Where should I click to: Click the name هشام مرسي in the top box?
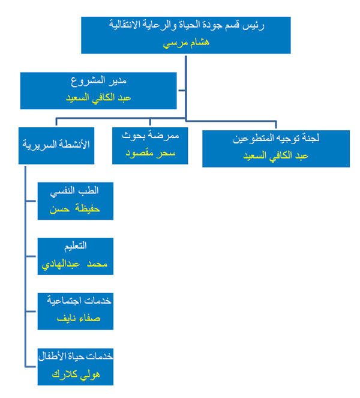click(x=186, y=43)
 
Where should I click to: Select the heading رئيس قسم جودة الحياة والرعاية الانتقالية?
click(x=187, y=25)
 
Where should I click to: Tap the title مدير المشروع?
click(x=98, y=80)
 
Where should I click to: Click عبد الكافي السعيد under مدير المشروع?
click(x=98, y=98)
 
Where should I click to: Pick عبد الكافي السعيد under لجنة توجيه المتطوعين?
click(x=276, y=155)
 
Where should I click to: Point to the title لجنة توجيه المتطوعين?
click(x=276, y=138)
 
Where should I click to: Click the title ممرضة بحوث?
click(x=151, y=136)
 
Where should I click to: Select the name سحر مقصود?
click(x=151, y=153)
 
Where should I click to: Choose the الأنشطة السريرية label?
click(x=56, y=145)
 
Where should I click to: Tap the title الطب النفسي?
click(x=74, y=191)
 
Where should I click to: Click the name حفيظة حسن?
click(x=75, y=209)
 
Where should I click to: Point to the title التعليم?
click(x=76, y=246)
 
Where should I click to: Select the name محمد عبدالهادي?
click(x=74, y=264)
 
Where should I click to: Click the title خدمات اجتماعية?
click(x=79, y=301)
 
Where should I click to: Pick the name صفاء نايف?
click(x=79, y=318)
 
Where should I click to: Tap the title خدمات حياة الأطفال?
click(x=76, y=356)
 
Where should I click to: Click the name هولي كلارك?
click(x=76, y=375)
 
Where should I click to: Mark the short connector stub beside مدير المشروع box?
click(x=182, y=90)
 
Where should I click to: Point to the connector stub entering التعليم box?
click(x=31, y=256)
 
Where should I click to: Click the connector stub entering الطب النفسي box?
click(x=31, y=201)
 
